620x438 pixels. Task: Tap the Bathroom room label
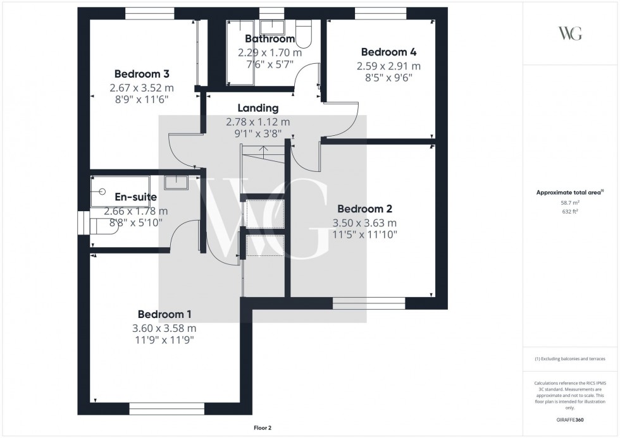point(270,39)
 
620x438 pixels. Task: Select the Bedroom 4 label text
point(388,52)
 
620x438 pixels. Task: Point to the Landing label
point(258,108)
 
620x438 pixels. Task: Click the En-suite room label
point(135,197)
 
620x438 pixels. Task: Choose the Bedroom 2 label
point(365,209)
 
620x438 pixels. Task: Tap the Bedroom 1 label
point(164,314)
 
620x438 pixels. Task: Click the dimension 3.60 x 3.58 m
point(164,328)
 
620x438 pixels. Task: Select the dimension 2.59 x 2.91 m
point(388,66)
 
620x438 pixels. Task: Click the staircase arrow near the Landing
point(264,150)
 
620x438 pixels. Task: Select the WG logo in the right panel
point(571,33)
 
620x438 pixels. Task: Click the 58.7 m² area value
point(571,203)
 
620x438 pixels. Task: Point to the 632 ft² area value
point(571,212)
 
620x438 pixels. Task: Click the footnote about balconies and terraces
point(571,358)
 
